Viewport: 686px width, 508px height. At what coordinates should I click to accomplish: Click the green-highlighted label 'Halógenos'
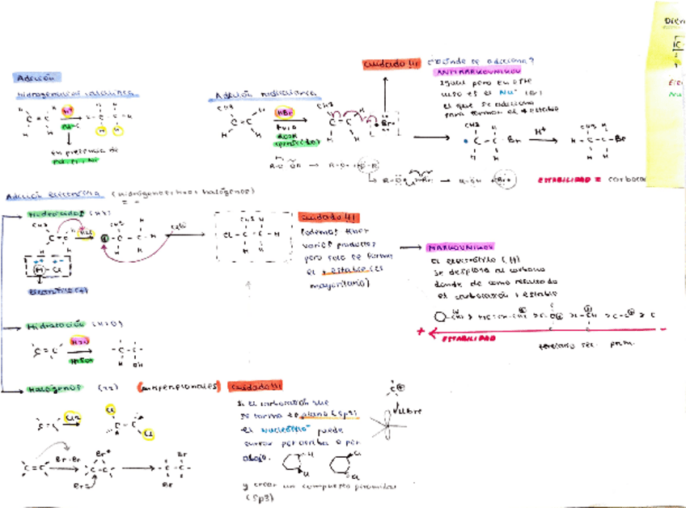52,387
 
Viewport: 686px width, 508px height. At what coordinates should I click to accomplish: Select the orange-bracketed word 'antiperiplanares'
179,387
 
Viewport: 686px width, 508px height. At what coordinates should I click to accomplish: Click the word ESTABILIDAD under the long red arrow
468,341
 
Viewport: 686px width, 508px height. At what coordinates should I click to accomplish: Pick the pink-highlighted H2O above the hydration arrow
78,343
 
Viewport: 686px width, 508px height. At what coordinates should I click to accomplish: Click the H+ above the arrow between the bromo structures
540,128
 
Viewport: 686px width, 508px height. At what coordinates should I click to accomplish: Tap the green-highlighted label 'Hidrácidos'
57,214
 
